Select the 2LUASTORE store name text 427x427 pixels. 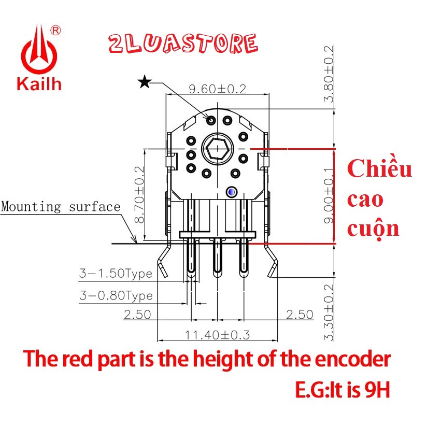pos(183,44)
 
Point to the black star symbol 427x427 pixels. pos(145,81)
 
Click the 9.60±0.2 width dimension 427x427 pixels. pos(217,89)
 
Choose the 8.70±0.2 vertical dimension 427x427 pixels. pos(138,195)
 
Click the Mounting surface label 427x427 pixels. pos(61,207)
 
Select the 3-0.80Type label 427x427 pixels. pos(116,296)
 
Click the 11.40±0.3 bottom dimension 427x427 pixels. pos(218,335)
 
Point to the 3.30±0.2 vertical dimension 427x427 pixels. pos(329,312)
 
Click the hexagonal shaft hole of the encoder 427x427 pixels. pos(217,149)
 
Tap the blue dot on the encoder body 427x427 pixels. pos(231,192)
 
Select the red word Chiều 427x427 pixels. pos(379,170)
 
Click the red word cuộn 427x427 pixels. pos(373,228)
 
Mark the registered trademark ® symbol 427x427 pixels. pos(56,31)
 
